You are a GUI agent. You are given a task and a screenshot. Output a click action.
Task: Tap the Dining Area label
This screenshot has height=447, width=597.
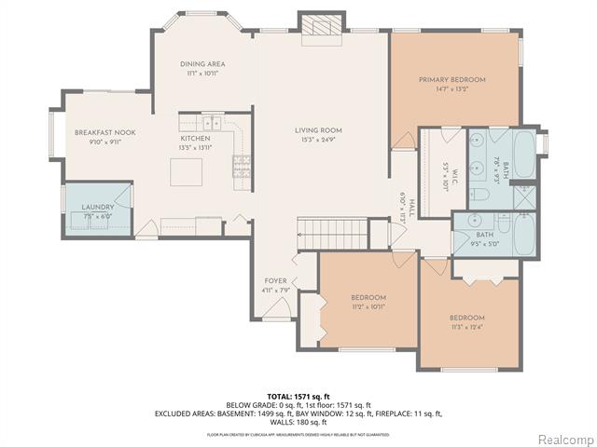click(202, 64)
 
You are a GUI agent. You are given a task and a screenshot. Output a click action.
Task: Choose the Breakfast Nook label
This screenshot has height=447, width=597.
click(105, 133)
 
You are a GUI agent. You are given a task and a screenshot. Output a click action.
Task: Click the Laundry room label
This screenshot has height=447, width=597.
click(97, 207)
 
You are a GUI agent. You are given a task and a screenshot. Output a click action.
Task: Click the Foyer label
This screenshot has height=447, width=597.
click(275, 280)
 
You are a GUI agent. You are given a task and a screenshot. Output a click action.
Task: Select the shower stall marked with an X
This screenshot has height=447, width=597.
click(524, 197)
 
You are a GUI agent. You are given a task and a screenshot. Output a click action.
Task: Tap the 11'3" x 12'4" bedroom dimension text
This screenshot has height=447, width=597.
click(466, 326)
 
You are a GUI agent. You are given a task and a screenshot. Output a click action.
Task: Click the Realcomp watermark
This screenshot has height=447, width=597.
click(564, 438)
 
